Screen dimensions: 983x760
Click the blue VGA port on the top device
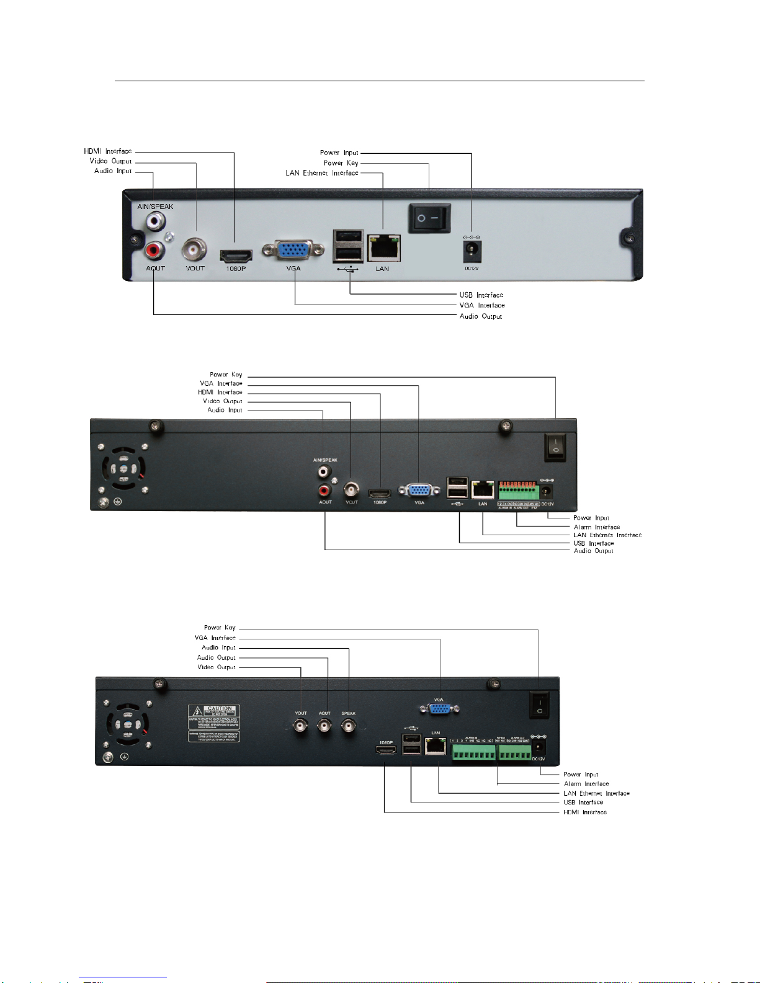point(293,250)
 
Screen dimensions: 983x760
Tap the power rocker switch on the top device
point(429,218)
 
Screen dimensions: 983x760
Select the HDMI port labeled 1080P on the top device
point(236,255)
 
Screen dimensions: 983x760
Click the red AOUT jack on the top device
point(154,251)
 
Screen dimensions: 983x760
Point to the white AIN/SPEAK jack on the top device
point(155,220)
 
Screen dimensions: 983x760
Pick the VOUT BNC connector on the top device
point(194,250)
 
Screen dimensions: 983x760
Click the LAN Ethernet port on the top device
point(384,249)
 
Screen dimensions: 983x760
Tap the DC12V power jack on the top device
point(472,251)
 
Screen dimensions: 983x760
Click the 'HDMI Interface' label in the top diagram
point(108,151)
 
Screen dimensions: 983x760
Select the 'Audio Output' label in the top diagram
point(480,316)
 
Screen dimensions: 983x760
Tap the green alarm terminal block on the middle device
point(518,492)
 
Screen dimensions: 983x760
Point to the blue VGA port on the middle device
point(419,491)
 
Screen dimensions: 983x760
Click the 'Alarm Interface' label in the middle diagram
point(596,527)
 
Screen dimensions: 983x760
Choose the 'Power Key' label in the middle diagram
point(226,375)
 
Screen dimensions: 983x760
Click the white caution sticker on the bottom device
point(213,718)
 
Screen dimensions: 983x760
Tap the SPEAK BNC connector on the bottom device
point(349,726)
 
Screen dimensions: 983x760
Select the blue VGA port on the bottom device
point(439,709)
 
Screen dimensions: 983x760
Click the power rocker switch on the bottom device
point(539,705)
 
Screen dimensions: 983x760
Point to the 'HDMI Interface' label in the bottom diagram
point(584,812)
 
